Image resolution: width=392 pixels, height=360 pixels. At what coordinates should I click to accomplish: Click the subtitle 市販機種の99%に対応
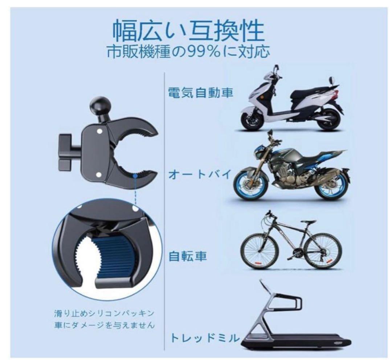[x=188, y=52]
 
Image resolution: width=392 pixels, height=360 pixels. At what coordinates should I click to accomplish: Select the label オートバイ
[x=200, y=175]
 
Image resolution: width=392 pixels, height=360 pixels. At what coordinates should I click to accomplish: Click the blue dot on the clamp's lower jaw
[x=135, y=175]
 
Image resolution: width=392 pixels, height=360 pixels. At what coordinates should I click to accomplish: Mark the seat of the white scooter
[x=312, y=90]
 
